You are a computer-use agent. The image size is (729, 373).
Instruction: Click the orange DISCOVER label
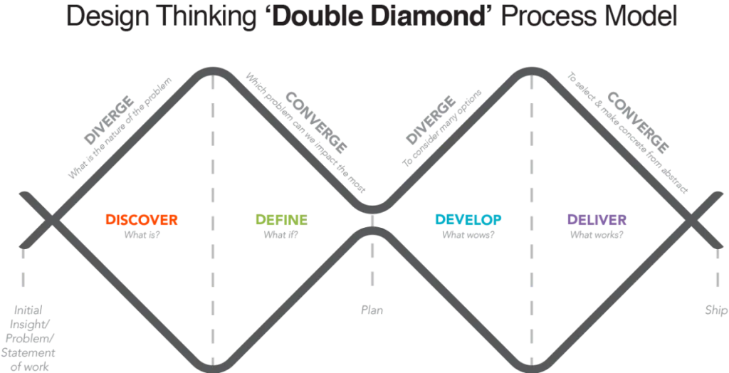[x=142, y=219]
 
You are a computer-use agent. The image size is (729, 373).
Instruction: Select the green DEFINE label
[x=280, y=219]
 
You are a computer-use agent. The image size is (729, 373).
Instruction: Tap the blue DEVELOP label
[x=468, y=219]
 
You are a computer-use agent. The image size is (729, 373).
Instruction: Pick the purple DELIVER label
[x=597, y=219]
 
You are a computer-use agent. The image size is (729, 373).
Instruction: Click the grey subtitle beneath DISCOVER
[x=142, y=232]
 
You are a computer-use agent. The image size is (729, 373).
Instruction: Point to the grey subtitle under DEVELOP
[x=468, y=232]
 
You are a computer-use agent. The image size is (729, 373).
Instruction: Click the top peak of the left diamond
[x=211, y=69]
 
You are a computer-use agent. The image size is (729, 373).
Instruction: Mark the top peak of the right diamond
[x=530, y=69]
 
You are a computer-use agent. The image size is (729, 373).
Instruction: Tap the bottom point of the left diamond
[x=211, y=364]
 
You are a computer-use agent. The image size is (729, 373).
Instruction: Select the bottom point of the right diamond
[x=530, y=364]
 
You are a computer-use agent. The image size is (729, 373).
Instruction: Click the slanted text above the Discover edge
[x=121, y=125]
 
